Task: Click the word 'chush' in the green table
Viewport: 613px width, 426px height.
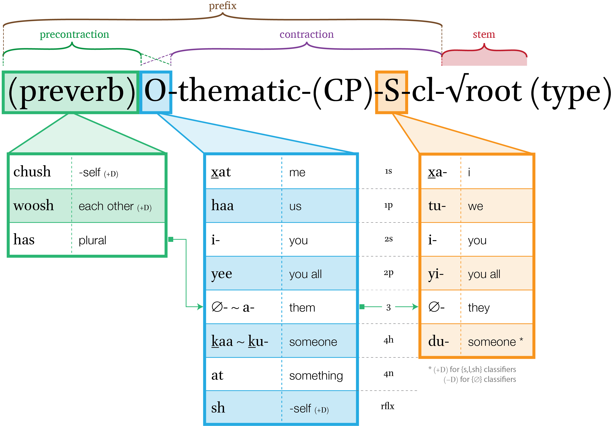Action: click(32, 172)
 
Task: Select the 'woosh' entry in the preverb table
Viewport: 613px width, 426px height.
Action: click(34, 205)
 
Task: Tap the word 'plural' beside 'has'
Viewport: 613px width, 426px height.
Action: click(92, 240)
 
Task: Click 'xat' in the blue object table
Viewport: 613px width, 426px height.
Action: click(221, 172)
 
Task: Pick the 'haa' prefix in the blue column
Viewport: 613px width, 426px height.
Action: click(222, 206)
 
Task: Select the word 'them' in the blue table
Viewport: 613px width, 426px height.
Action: click(302, 308)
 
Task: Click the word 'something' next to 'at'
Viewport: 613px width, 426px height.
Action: click(316, 376)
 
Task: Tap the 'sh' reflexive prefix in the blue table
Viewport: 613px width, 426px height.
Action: click(218, 408)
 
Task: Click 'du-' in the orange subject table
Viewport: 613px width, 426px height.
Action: click(438, 341)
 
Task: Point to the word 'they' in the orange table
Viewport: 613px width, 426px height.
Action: click(479, 308)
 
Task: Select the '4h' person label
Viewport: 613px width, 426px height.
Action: click(389, 340)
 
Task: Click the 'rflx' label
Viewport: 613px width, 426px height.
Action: click(387, 406)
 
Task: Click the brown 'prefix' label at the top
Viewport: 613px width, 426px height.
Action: click(222, 6)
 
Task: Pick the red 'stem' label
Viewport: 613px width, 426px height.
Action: click(484, 34)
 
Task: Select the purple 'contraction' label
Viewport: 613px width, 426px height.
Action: click(306, 34)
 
